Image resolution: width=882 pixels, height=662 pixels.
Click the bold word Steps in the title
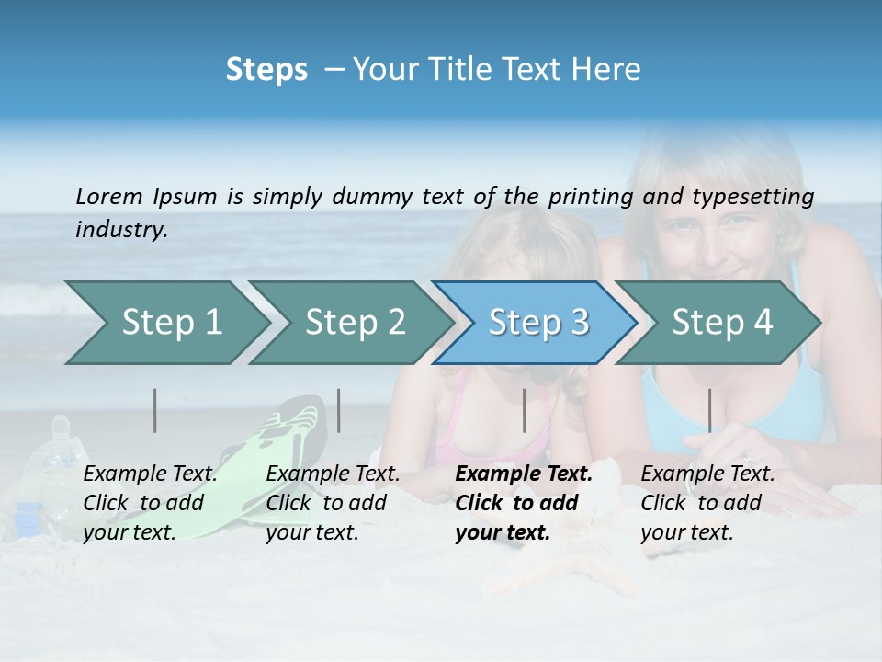266,70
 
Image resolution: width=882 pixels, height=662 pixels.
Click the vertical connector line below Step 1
155,410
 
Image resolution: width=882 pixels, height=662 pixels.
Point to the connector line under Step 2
339,410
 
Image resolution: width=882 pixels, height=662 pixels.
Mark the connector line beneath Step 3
524,410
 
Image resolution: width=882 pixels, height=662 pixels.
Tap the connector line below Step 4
709,410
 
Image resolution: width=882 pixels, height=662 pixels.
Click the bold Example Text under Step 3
524,503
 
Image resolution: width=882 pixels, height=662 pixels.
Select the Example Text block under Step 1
150,503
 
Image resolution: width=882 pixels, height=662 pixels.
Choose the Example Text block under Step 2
333,503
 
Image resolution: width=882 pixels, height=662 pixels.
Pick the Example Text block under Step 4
707,503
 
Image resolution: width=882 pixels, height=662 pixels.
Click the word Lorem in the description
109,196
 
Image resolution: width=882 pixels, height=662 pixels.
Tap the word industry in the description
121,230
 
